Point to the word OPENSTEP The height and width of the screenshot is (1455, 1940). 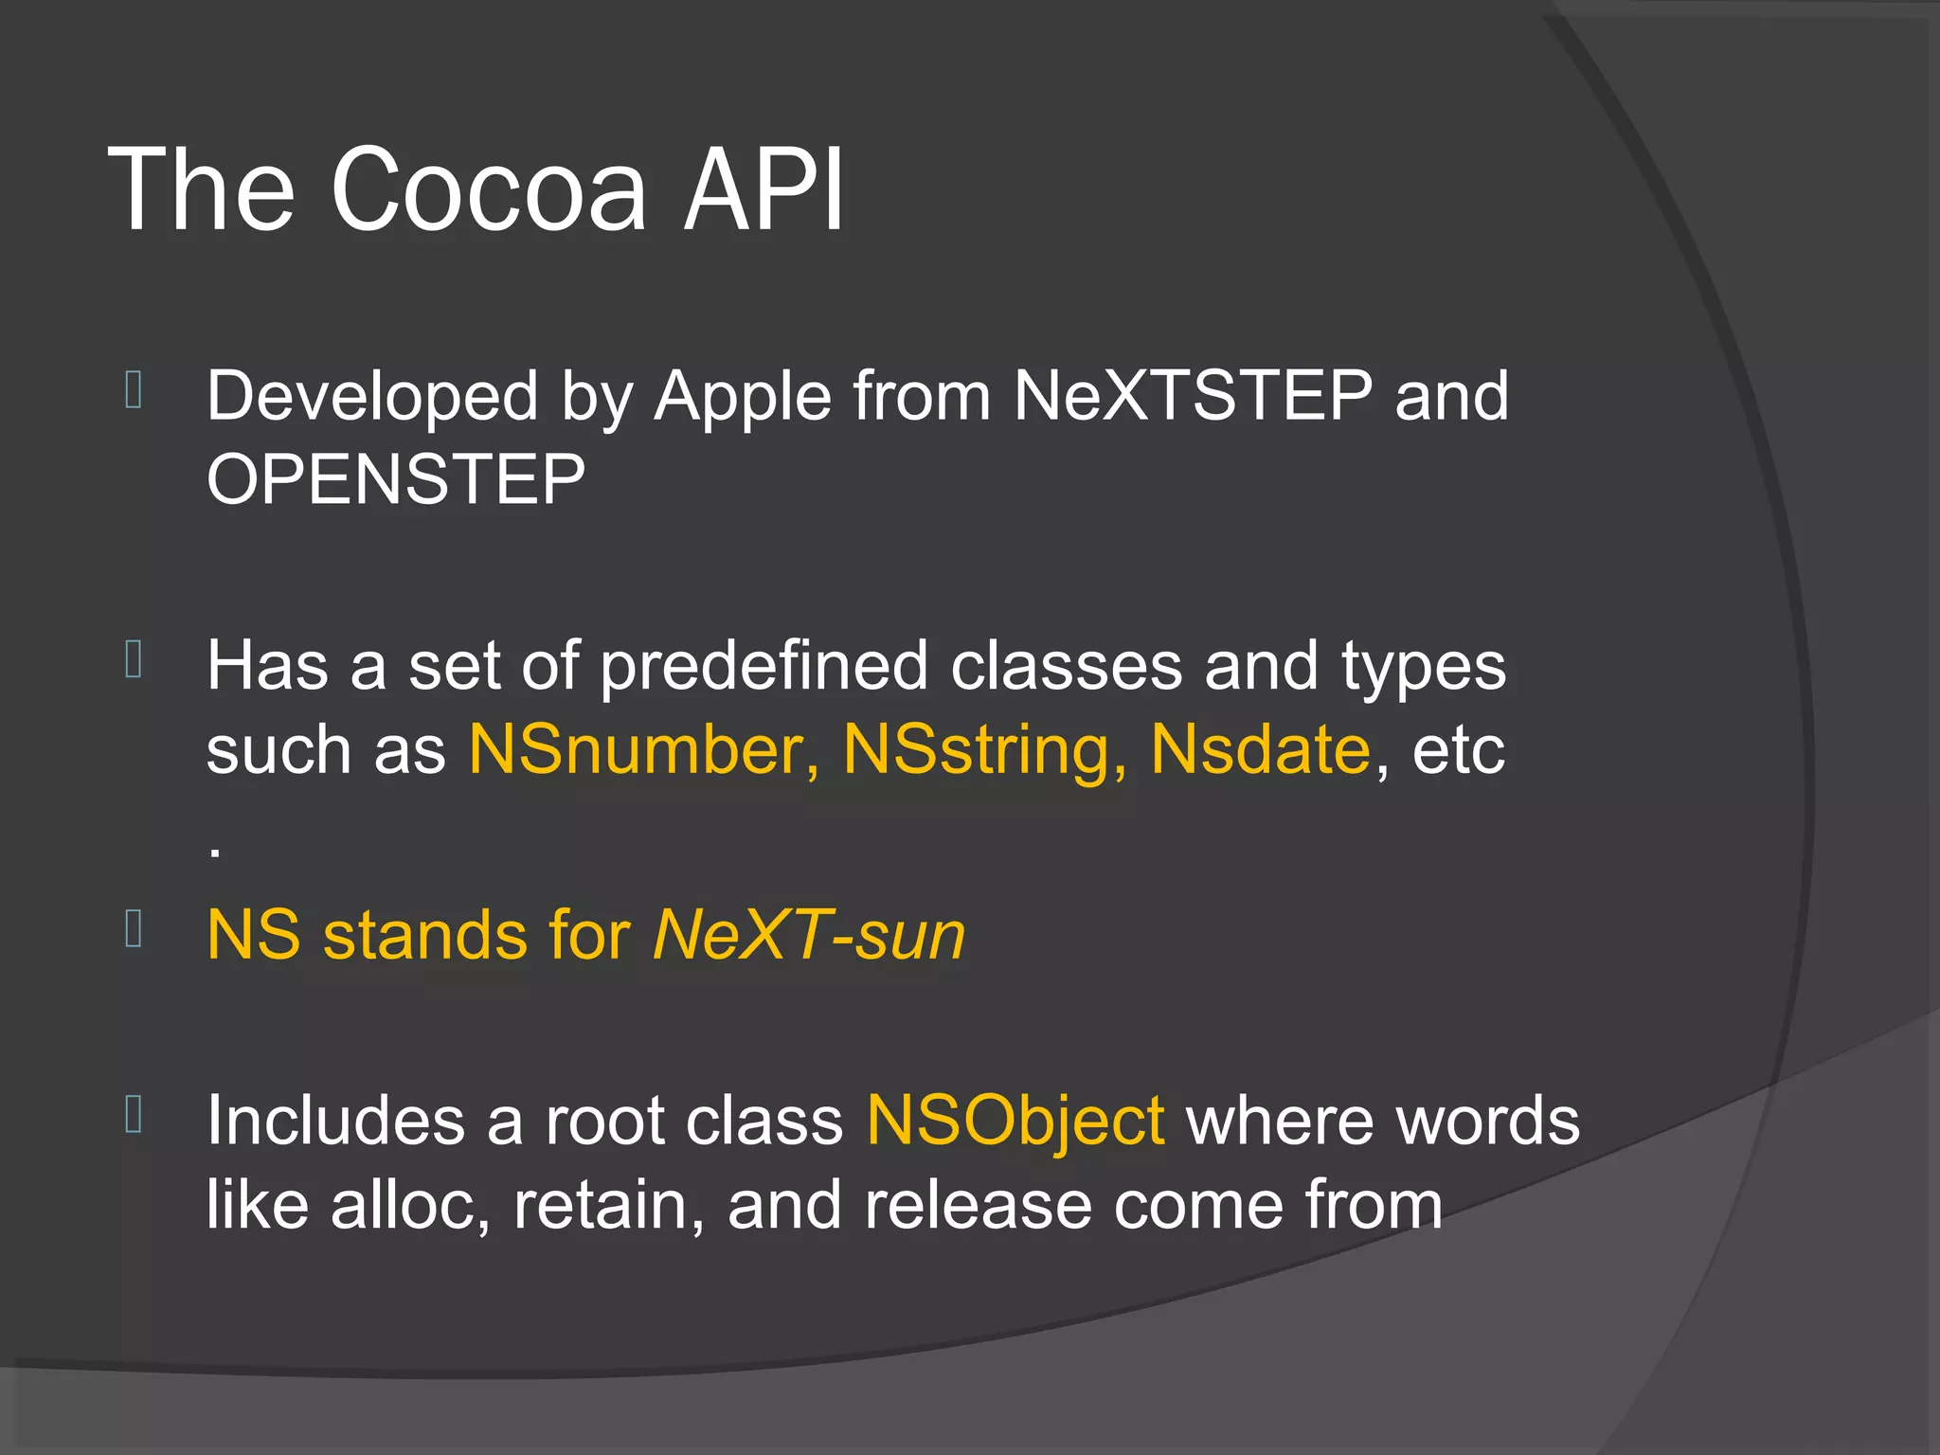(x=396, y=479)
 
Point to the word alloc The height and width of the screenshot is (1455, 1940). (x=409, y=1206)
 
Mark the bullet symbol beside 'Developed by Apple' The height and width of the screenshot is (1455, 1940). (x=134, y=390)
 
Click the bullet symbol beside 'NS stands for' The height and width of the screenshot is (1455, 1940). (x=134, y=929)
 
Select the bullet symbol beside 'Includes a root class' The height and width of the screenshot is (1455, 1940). (x=134, y=1114)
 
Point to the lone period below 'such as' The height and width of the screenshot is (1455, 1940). (x=216, y=853)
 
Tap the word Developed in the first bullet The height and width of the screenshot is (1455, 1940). (x=372, y=398)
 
